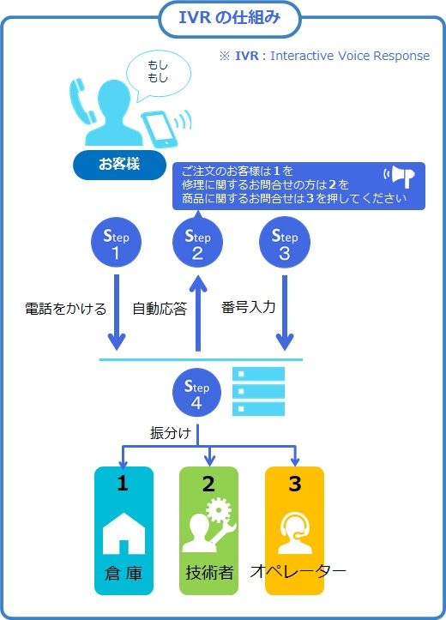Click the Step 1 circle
(116, 242)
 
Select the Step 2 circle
(197, 242)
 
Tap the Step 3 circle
(285, 242)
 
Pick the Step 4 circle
(196, 393)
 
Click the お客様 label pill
(119, 165)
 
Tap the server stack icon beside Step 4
(258, 391)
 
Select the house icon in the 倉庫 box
(124, 533)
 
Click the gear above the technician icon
(219, 510)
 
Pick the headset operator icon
(294, 533)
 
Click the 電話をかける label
(66, 309)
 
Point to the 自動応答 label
(160, 309)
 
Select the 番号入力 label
(249, 307)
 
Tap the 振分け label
(171, 432)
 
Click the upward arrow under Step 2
(198, 314)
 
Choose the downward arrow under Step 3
(285, 313)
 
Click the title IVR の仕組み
(230, 18)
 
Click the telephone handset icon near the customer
(82, 101)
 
